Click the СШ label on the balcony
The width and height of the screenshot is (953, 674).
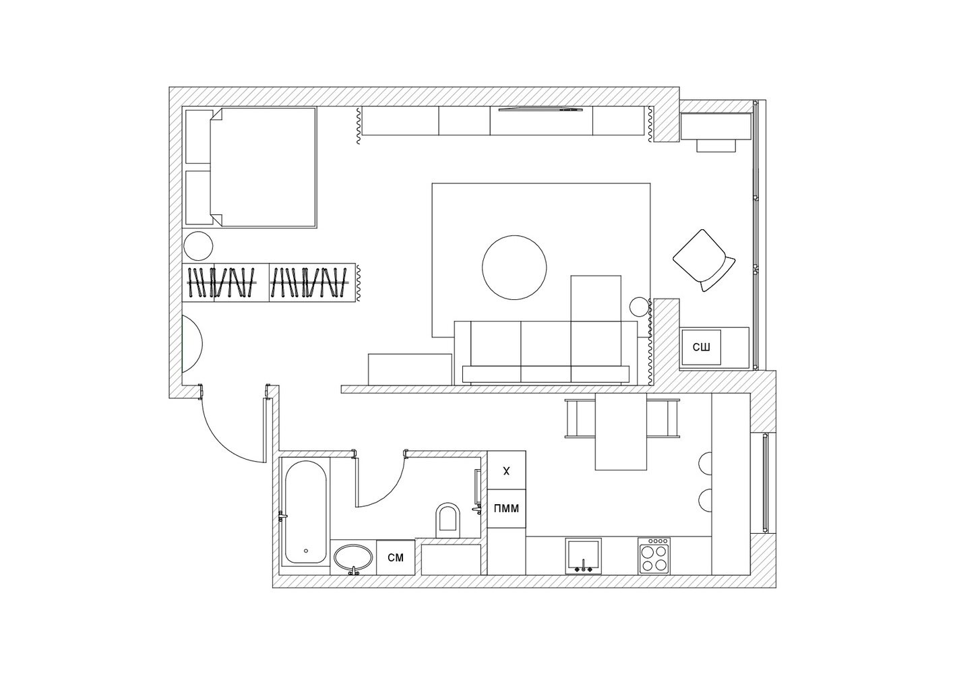pos(701,347)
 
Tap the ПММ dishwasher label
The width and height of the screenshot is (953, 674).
pos(506,508)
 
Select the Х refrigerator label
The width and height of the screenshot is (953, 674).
pos(506,471)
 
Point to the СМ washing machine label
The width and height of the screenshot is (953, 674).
pos(396,557)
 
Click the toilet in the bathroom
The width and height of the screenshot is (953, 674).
pos(447,520)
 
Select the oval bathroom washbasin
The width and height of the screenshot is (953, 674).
pos(352,558)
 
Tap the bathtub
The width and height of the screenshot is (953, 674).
pos(305,512)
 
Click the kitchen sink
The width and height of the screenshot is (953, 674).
pos(583,555)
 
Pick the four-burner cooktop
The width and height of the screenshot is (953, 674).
pos(654,555)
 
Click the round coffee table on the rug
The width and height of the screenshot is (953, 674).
pos(514,268)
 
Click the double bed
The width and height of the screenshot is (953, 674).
pos(263,167)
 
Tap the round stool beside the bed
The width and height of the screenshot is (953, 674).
pos(199,246)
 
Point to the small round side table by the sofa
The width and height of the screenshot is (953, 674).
pos(638,307)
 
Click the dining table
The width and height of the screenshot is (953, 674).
pos(621,431)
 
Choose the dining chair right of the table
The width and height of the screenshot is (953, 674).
pos(663,418)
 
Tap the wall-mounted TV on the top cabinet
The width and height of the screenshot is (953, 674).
pos(541,109)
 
